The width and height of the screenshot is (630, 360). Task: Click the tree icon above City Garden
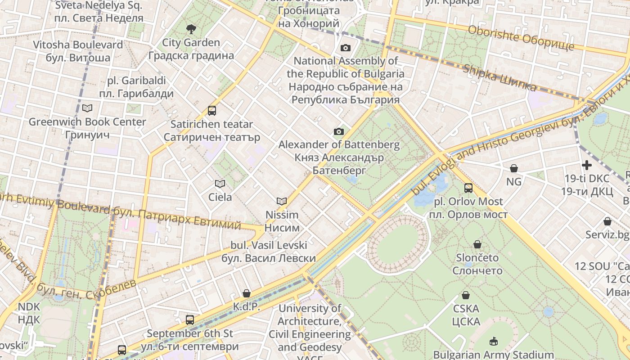click(191, 29)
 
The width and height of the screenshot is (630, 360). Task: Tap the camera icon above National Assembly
click(346, 48)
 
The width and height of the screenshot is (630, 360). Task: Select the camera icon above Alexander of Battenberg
click(339, 131)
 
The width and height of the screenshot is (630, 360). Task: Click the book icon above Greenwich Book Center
click(87, 108)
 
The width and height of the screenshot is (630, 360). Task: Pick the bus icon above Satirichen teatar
click(212, 110)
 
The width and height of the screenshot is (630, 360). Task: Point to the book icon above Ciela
click(220, 184)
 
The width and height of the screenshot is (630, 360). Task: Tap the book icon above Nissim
click(282, 201)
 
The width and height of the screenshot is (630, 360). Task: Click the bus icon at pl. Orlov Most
click(468, 188)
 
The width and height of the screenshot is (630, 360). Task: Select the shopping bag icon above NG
click(514, 168)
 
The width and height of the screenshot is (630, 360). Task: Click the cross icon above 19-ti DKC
click(587, 165)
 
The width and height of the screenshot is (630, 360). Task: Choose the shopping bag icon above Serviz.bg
click(607, 221)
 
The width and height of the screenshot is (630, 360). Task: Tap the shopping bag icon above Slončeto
click(477, 244)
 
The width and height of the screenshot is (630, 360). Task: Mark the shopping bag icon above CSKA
click(466, 295)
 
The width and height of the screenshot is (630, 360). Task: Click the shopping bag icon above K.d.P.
click(247, 293)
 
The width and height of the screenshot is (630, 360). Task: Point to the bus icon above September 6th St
click(190, 320)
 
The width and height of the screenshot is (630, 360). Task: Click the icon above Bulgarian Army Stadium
click(494, 341)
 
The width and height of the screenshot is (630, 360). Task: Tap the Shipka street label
click(499, 78)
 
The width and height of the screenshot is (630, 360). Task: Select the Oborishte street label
click(521, 38)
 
